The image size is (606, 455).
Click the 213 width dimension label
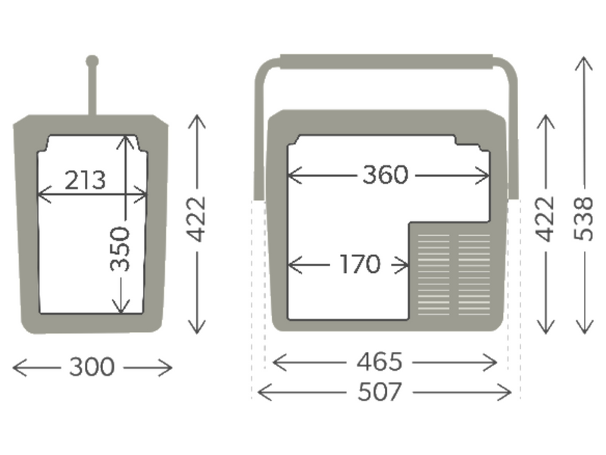coord(85,180)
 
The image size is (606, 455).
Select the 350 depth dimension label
coord(120,248)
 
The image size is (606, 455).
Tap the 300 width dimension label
coord(92,368)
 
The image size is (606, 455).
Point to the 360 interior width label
coord(385,175)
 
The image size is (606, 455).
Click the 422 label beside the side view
coord(197,219)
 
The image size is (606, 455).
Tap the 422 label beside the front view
coord(546,219)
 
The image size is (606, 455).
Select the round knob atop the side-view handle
coord(92,61)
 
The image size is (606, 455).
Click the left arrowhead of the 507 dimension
coord(261,393)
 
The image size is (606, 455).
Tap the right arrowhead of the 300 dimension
coord(170,368)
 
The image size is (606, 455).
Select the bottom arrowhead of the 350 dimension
coord(120,309)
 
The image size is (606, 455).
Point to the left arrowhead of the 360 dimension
coord(292,175)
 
